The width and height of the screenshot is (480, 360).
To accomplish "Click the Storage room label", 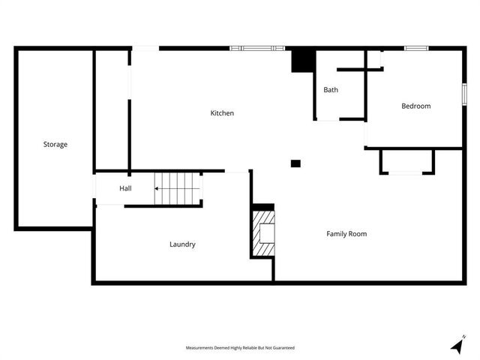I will (x=55, y=144).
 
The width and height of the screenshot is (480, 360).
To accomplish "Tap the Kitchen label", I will (x=222, y=113).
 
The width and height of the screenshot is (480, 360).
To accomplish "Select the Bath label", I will (x=331, y=90).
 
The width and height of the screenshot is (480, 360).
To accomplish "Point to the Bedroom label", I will (x=415, y=106).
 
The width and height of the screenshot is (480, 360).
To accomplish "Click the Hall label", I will (x=125, y=188).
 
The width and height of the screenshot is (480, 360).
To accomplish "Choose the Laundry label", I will (x=182, y=244).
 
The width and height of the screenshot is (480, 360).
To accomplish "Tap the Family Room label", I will (x=346, y=234).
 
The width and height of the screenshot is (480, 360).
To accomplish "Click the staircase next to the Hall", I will (x=178, y=188).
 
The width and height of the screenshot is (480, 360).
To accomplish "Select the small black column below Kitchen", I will (x=295, y=163).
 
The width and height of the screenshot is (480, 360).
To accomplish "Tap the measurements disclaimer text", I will (x=240, y=348).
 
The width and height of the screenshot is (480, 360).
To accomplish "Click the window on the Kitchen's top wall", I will (x=257, y=49).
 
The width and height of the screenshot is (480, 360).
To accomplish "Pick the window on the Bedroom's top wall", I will (x=416, y=49).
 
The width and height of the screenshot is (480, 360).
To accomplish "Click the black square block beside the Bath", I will (x=302, y=61).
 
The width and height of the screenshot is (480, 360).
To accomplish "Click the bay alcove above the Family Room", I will (x=407, y=161).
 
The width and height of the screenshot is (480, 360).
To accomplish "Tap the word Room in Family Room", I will (x=357, y=234).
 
